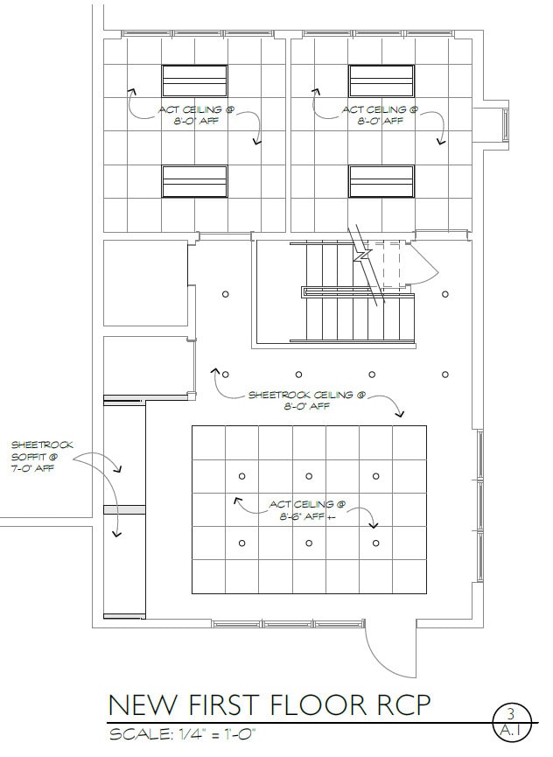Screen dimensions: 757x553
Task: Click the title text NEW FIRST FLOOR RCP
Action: coord(269,704)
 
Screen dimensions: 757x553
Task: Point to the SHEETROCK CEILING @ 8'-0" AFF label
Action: coord(301,400)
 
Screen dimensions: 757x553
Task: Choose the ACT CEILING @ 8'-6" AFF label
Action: coord(306,510)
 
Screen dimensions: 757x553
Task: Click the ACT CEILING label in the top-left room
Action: coord(195,115)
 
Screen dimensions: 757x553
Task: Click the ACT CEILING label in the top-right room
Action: coord(380,115)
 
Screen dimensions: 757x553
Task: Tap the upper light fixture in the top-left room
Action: coord(194,81)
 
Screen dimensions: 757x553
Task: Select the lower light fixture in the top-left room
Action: coord(194,181)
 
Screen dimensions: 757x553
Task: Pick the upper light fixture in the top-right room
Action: coord(381,81)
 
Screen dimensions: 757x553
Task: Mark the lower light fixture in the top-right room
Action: coord(381,181)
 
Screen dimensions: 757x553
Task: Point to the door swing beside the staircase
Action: coord(427,263)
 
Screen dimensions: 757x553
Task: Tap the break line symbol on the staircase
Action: coord(360,257)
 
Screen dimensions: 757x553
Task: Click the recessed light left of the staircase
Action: coord(225,294)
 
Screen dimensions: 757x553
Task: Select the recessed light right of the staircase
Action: coord(445,294)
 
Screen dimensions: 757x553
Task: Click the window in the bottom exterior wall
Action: coord(286,624)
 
